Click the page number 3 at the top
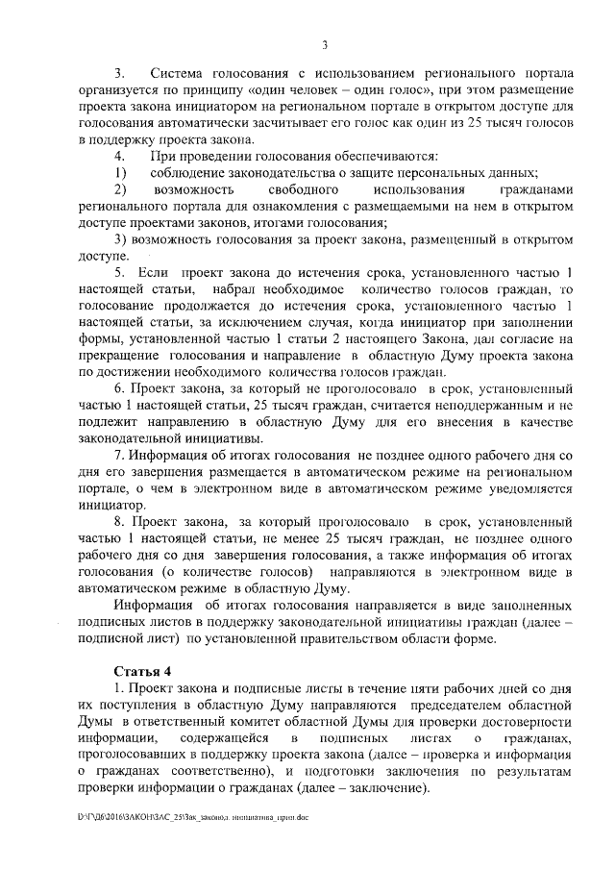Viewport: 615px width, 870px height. click(x=325, y=44)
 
